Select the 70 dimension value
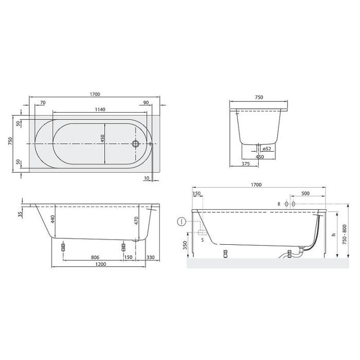click(42, 103)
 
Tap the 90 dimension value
click(146, 103)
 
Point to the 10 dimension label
click(147, 178)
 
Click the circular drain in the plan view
click(137, 144)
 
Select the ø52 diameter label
click(266, 149)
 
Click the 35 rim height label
click(20, 214)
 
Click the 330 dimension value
click(151, 257)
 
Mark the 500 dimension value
click(305, 194)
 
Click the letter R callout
click(279, 204)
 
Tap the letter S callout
click(202, 240)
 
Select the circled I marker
click(181, 222)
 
